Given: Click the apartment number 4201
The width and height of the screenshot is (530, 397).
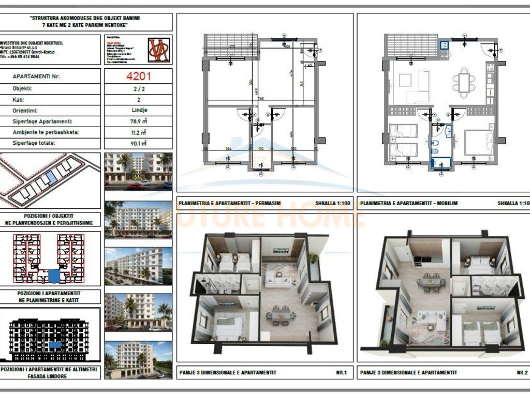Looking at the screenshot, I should (x=138, y=77).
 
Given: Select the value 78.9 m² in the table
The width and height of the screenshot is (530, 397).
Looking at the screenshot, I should (x=138, y=121).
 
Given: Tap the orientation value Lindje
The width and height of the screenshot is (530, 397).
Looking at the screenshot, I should (x=138, y=110).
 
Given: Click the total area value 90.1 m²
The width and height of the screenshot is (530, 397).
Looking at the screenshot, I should (x=138, y=144).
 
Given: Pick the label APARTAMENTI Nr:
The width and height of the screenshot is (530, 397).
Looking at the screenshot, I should (x=36, y=77).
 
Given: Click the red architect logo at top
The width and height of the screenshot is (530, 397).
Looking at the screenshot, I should (x=159, y=50).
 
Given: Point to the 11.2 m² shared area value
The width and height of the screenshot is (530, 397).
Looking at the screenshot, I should (x=138, y=132).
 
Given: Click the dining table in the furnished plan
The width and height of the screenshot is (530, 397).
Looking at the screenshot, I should (x=464, y=83).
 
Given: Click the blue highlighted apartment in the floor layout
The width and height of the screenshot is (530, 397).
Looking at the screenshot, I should (x=53, y=276).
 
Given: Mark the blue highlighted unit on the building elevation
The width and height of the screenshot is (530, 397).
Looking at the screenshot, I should (x=54, y=344).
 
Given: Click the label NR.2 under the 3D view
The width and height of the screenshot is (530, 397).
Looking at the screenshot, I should (x=521, y=372).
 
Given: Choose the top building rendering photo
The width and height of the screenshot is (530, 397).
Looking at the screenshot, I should (x=138, y=169).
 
